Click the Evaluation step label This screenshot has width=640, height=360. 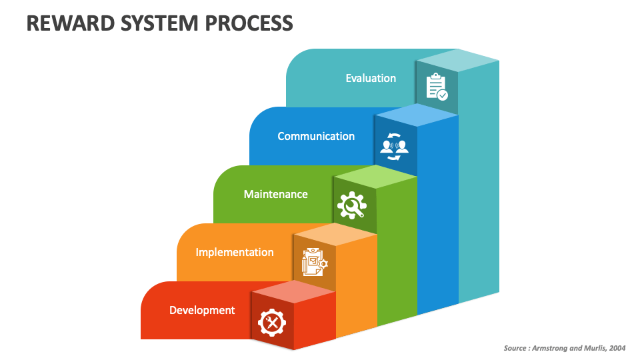click(x=371, y=78)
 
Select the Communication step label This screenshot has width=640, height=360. click(x=316, y=136)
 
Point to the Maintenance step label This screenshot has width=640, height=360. click(x=276, y=194)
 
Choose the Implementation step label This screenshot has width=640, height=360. click(x=235, y=252)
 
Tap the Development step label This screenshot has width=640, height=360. click(x=202, y=310)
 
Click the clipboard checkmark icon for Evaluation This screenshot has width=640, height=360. click(x=437, y=87)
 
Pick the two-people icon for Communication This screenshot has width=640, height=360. click(x=394, y=145)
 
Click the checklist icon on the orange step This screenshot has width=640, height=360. click(x=313, y=262)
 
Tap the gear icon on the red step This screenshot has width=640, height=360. click(x=272, y=323)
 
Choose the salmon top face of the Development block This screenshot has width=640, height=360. click(x=293, y=291)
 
